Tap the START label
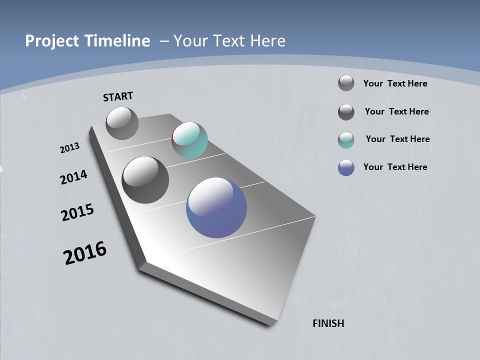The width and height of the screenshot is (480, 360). coord(118,96)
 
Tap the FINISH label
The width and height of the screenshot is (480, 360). coord(328,323)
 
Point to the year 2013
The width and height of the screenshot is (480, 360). coord(70,148)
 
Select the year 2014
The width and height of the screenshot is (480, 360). coord(73,177)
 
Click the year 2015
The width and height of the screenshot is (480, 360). coord(77,213)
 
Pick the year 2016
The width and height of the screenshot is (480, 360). coord(85,253)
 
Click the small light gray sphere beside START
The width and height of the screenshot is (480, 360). coord(122,123)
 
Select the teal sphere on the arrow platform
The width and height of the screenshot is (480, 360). coord(189,140)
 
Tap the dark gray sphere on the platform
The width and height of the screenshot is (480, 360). coord(145,180)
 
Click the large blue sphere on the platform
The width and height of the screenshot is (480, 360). coord(216,207)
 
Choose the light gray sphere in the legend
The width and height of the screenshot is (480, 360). coord(346,83)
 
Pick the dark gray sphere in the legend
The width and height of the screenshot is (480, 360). coord(346,112)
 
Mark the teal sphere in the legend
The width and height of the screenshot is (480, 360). coord(346,140)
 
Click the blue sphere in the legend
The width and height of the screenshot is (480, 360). coord(346,167)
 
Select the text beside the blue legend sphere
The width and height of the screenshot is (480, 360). coord(395,167)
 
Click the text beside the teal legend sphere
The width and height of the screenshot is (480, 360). coord(397,139)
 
